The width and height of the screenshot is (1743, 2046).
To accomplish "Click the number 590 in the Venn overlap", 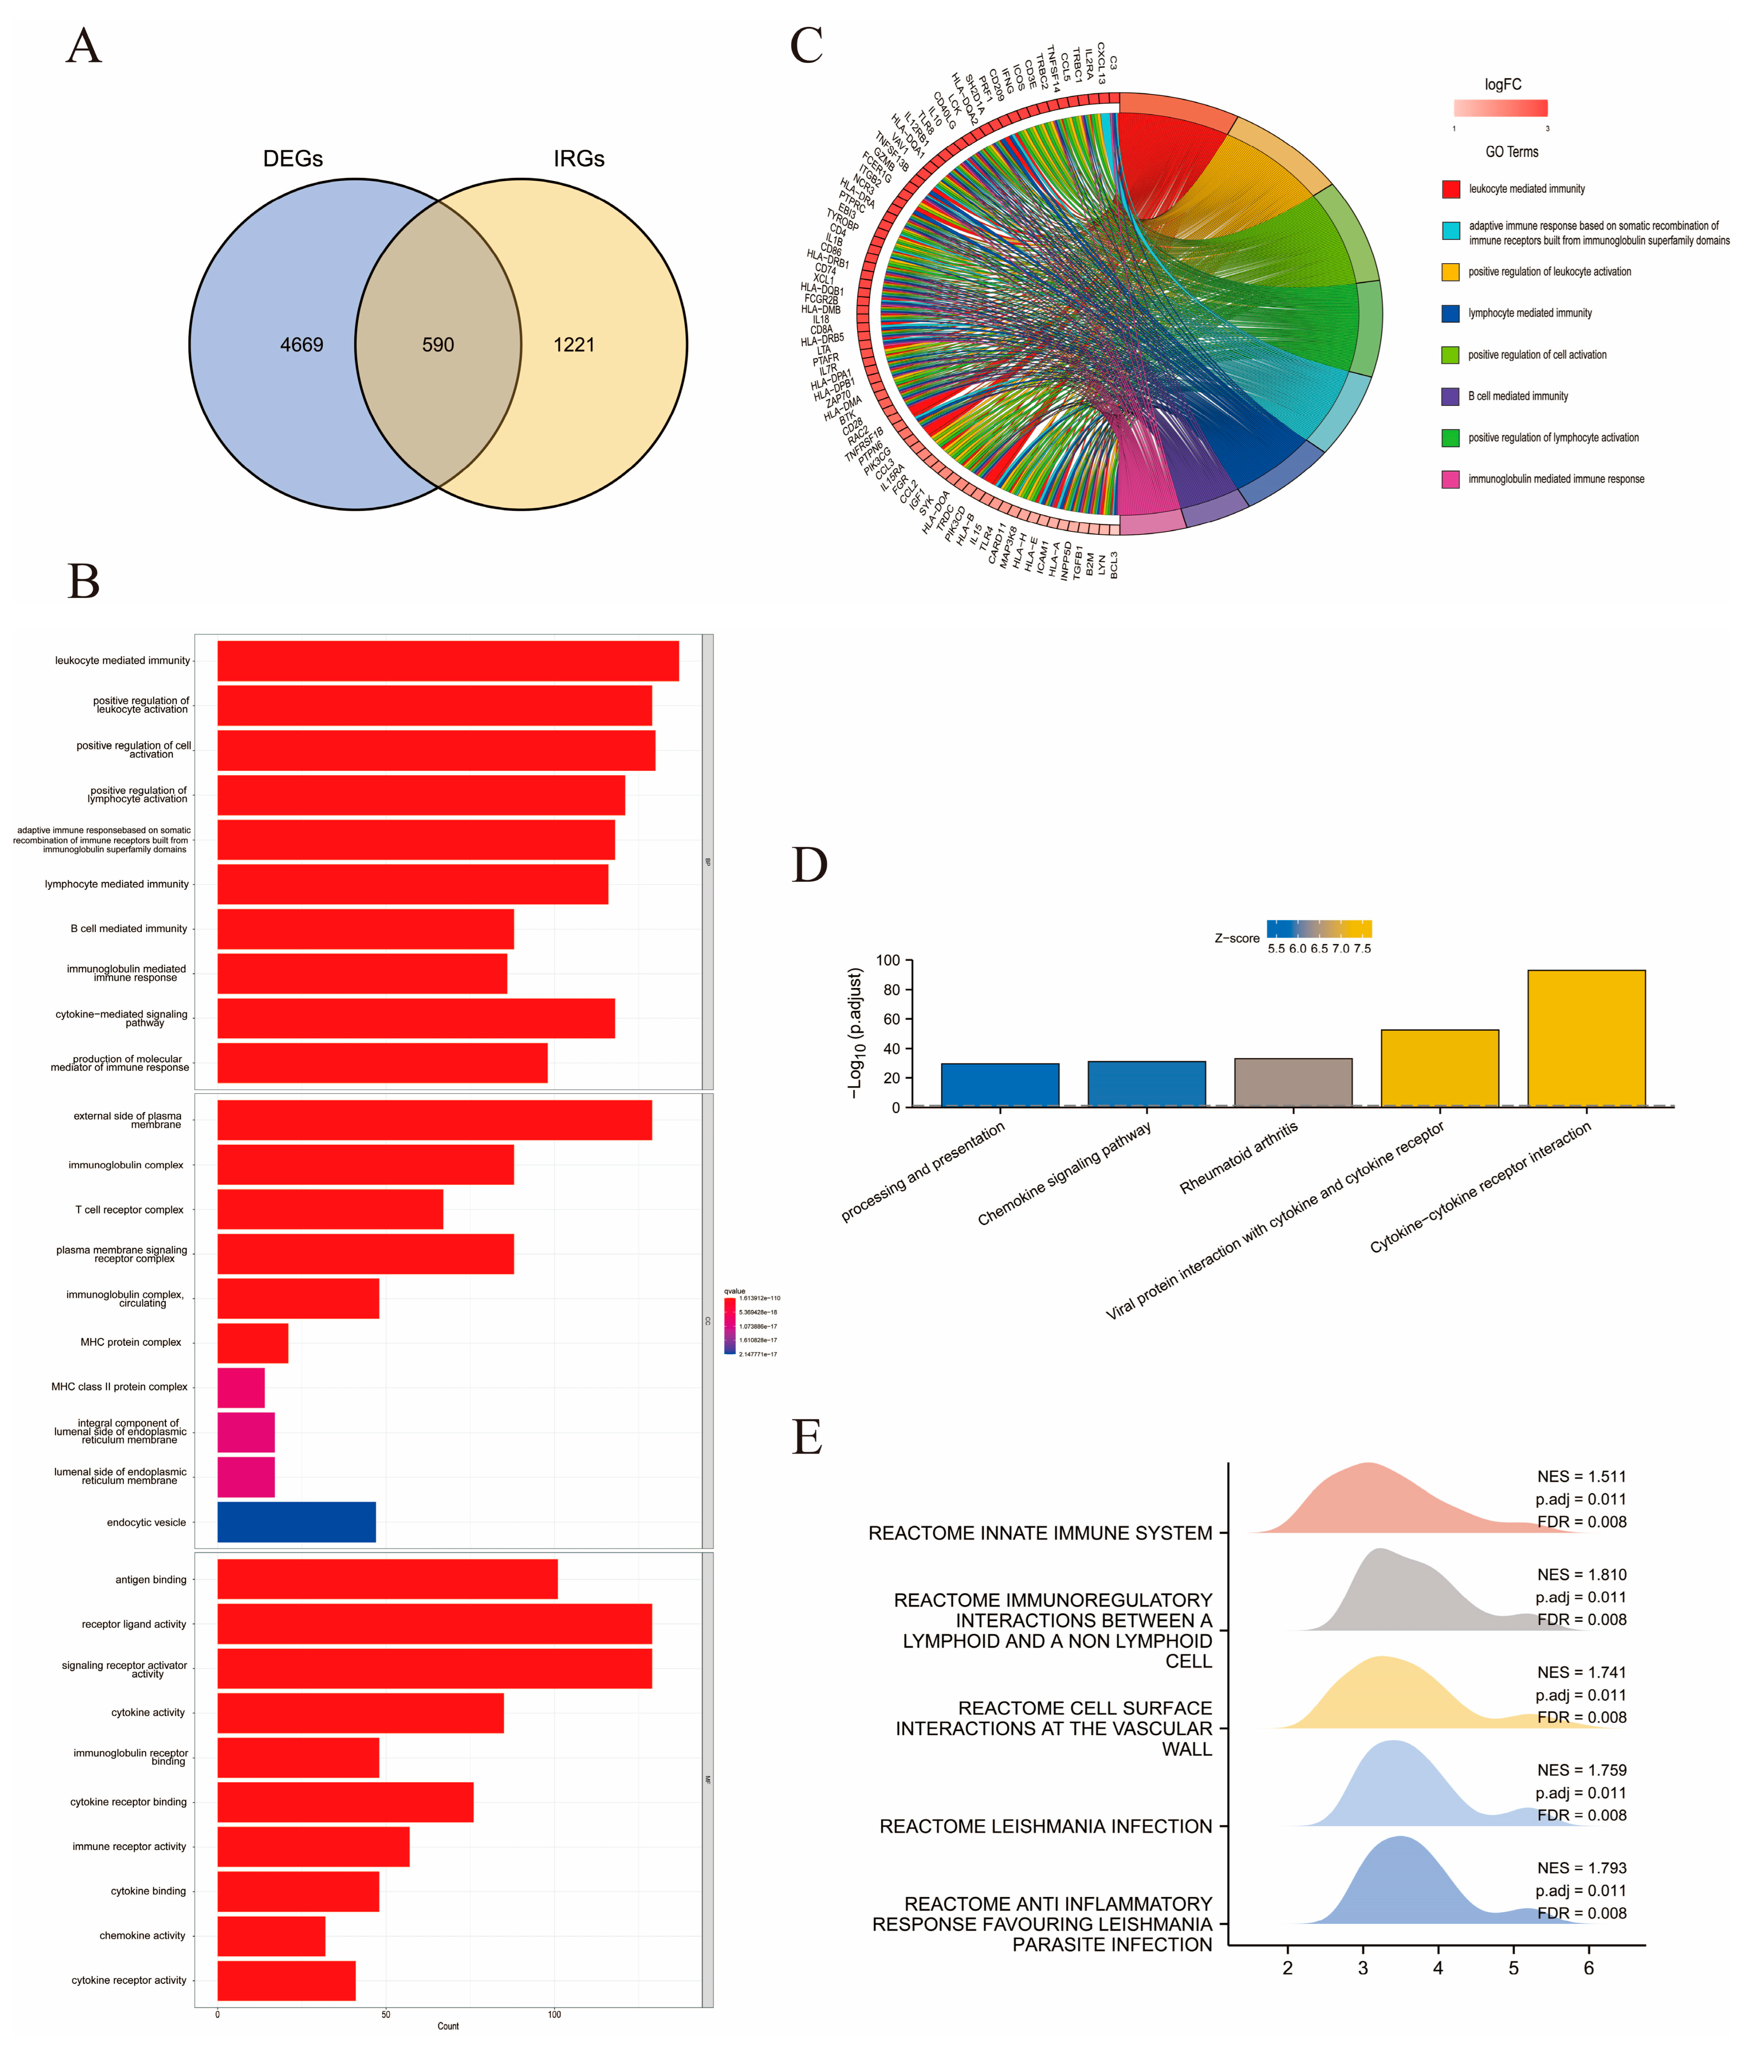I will click(x=437, y=345).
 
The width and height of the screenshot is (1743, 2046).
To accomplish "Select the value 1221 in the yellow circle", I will click(x=574, y=345).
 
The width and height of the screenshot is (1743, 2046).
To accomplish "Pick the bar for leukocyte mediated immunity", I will click(x=447, y=661).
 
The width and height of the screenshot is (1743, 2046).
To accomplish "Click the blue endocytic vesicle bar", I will click(x=296, y=1522).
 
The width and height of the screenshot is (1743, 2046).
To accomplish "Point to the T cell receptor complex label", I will click(x=129, y=1209).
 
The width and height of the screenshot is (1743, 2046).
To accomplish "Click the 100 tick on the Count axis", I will click(x=554, y=2015).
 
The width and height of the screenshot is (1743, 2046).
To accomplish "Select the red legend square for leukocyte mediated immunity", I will click(x=1451, y=188).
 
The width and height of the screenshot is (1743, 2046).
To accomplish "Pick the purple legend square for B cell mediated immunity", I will click(x=1451, y=396).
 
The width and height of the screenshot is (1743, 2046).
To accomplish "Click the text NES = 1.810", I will click(x=1581, y=1574).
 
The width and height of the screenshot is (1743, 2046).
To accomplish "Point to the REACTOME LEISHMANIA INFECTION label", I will click(x=1045, y=1826).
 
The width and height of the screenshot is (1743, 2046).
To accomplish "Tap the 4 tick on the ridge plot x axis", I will click(x=1438, y=1968).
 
